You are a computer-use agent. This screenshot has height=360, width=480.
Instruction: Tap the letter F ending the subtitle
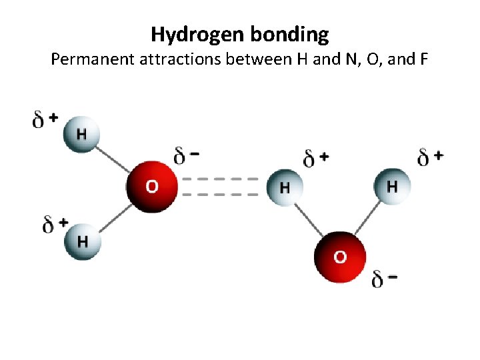pyautogui.click(x=423, y=60)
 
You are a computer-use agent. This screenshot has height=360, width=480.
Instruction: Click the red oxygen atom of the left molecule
pyautogui.click(x=153, y=186)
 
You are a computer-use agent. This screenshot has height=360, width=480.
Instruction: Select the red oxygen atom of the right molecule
pyautogui.click(x=340, y=257)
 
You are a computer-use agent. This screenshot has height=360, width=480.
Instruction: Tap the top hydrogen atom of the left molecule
pyautogui.click(x=81, y=134)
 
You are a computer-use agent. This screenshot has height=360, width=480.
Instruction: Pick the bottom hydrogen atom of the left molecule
pyautogui.click(x=82, y=241)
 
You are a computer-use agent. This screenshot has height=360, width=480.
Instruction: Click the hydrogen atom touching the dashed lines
pyautogui.click(x=285, y=187)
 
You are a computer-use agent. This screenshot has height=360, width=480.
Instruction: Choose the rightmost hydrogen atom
pyautogui.click(x=392, y=186)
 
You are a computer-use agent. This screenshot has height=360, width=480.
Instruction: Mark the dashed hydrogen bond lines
pyautogui.click(x=219, y=187)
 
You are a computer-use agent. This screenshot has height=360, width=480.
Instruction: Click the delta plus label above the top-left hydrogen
pyautogui.click(x=45, y=119)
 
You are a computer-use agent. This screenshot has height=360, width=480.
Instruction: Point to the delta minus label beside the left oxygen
pyautogui.click(x=186, y=157)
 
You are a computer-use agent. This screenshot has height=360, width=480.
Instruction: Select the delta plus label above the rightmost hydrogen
pyautogui.click(x=430, y=157)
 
